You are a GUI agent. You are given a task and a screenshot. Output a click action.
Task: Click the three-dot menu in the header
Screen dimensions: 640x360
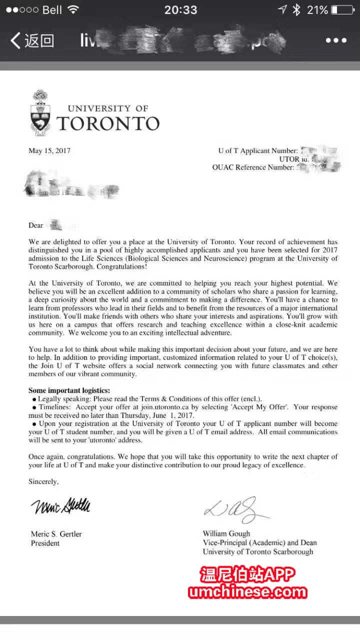336,40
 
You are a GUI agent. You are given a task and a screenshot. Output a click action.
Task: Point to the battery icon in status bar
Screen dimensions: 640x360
342,9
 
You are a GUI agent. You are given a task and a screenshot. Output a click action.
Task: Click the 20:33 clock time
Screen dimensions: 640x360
180,9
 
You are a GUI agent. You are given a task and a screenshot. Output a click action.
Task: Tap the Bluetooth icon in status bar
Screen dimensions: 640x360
296,9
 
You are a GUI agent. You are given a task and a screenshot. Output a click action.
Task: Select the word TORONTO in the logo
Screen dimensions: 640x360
108,123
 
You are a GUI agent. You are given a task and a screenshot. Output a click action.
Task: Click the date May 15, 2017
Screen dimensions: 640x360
49,150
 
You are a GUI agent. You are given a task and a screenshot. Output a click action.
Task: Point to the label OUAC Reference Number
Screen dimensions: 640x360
253,167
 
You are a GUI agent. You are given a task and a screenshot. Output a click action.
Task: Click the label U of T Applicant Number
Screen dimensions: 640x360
258,150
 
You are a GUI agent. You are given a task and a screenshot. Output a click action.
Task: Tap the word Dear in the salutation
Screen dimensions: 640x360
36,225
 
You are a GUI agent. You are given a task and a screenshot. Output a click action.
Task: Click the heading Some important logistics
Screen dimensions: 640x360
69,390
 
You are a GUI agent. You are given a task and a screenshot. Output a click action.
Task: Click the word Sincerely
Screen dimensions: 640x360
43,482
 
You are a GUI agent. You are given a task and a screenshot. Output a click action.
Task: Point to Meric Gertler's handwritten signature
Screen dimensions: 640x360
61,507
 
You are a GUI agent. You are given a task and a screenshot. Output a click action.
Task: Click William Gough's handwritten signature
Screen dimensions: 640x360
235,509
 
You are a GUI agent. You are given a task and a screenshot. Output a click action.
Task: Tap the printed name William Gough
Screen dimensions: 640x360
226,533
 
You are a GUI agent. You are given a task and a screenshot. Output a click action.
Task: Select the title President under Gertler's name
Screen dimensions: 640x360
45,543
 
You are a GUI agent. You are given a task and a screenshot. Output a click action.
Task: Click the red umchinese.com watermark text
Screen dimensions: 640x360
247,592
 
